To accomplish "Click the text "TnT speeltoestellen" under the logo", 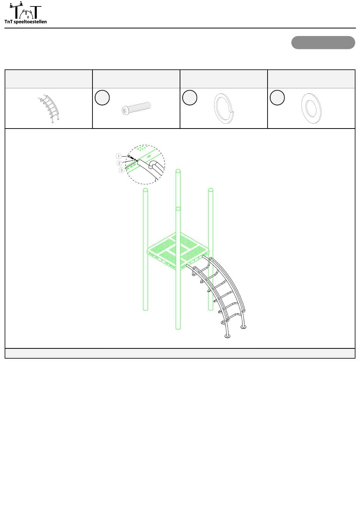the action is (x=25, y=22).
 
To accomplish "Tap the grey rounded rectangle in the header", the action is (x=323, y=42).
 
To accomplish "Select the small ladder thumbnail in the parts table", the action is (x=49, y=108).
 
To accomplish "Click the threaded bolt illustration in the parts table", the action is (x=136, y=108).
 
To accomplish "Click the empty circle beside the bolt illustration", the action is (x=102, y=97).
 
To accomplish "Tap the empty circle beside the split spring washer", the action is (x=190, y=97).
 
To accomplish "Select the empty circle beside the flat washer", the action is (x=277, y=97).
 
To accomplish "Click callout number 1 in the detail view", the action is (x=119, y=156).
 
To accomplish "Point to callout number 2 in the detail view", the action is (x=119, y=163).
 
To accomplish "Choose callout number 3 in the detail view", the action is (x=121, y=170).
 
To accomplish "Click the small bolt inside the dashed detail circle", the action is (x=131, y=158).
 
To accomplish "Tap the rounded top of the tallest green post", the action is (x=178, y=171).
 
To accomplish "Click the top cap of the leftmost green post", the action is (x=146, y=190).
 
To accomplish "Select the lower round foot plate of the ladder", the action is (x=227, y=336).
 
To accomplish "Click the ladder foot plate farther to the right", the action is (x=243, y=327).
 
